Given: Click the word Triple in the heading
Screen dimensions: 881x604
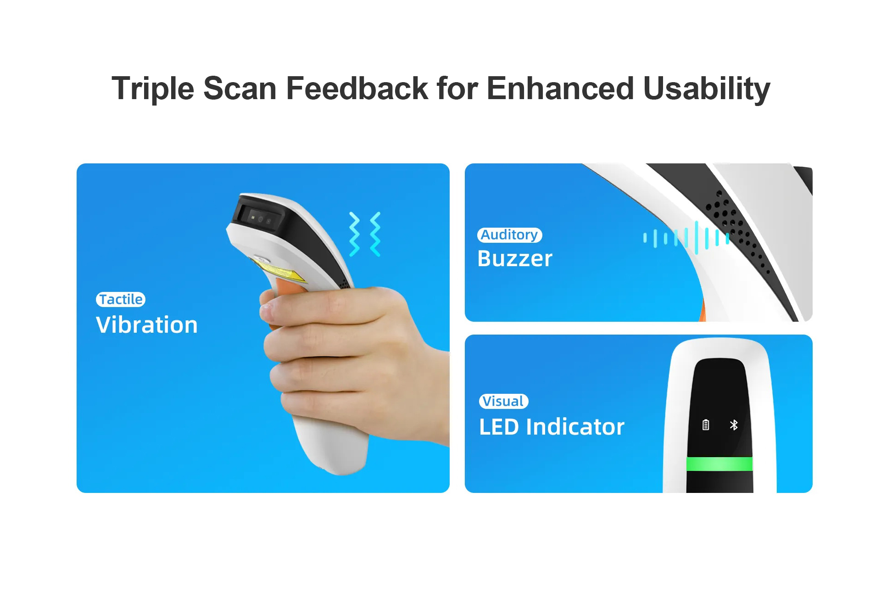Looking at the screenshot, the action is coord(153,89).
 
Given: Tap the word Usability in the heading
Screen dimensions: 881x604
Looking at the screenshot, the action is coord(707,89).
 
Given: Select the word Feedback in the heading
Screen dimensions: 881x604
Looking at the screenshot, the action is coord(357,88).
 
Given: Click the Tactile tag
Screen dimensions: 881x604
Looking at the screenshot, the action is coord(121,299).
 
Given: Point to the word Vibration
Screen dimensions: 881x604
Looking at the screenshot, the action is coord(147,325).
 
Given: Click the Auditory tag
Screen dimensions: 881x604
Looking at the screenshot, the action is coord(509,235).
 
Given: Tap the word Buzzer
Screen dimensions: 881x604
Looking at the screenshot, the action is coord(515,258).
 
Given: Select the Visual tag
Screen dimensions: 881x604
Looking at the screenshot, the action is coord(503,401).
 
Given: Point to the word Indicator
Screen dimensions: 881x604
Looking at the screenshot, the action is coord(575,427).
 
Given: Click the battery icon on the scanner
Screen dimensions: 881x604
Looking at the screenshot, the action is coord(706,425).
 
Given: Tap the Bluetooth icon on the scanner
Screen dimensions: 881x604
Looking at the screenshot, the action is coord(734,425).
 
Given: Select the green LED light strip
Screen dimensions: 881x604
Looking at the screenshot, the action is coord(719,464).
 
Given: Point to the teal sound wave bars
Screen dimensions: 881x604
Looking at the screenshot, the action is coord(686,238).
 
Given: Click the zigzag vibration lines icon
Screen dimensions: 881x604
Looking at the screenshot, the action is coord(365,234).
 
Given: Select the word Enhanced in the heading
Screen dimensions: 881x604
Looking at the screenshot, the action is coord(560,88).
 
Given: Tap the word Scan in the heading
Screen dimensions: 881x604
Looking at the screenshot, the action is coord(240,88).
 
